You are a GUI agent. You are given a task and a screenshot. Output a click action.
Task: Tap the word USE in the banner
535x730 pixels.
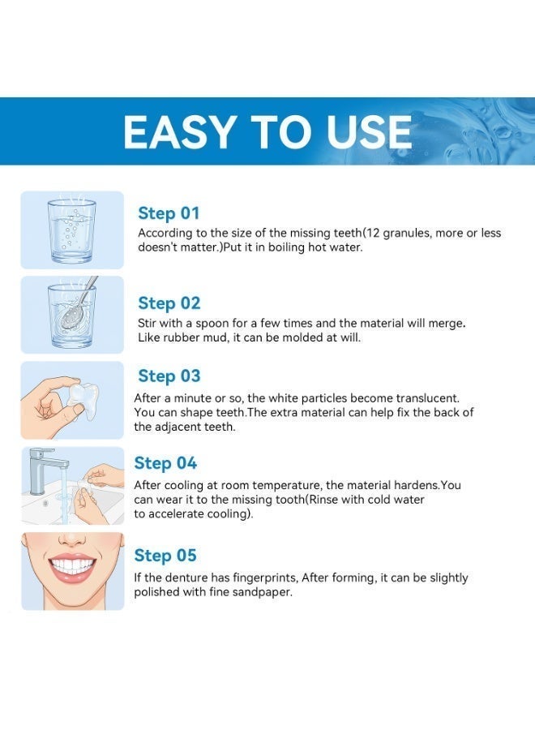(x=370, y=131)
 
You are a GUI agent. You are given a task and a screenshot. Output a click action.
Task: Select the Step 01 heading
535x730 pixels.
(x=169, y=213)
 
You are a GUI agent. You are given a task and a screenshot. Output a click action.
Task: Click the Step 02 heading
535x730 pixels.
(x=169, y=303)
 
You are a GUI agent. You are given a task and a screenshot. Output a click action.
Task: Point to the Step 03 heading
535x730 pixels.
(x=169, y=376)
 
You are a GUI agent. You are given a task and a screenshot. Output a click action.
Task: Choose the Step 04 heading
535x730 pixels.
(x=165, y=463)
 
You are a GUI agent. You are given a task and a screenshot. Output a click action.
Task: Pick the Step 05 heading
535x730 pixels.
(x=165, y=555)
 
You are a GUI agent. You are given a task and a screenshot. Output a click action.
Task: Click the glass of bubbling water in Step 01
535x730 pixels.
(x=71, y=230)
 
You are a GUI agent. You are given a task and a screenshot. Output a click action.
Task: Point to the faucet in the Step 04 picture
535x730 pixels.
(x=45, y=470)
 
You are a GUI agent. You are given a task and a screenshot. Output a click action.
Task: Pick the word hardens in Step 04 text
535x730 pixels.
(x=417, y=485)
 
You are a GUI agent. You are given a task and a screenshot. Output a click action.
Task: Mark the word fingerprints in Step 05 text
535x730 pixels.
(x=265, y=578)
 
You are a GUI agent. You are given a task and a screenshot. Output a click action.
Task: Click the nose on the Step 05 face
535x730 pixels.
(x=72, y=539)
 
